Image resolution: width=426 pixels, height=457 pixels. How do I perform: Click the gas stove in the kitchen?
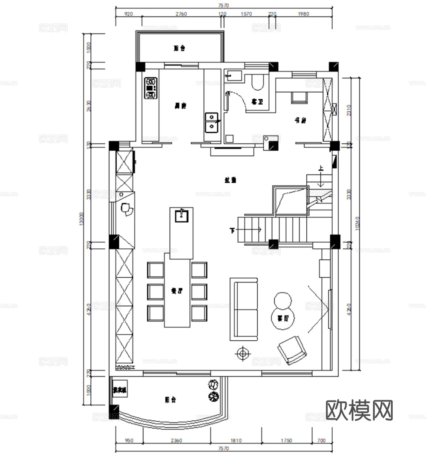click(x=151, y=88)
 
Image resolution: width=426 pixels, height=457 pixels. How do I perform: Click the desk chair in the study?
click(x=299, y=98)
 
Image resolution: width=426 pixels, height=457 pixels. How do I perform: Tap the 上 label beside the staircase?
click(x=321, y=169)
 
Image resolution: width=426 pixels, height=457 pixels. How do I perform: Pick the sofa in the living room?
click(x=244, y=309)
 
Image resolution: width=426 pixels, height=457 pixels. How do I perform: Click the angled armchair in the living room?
click(x=292, y=350)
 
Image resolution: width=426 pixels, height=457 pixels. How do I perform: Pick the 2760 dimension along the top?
click(x=181, y=14)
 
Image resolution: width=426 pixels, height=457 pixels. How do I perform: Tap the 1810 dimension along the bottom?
click(x=236, y=440)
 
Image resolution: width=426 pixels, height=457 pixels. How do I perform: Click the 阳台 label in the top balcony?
click(x=179, y=49)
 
